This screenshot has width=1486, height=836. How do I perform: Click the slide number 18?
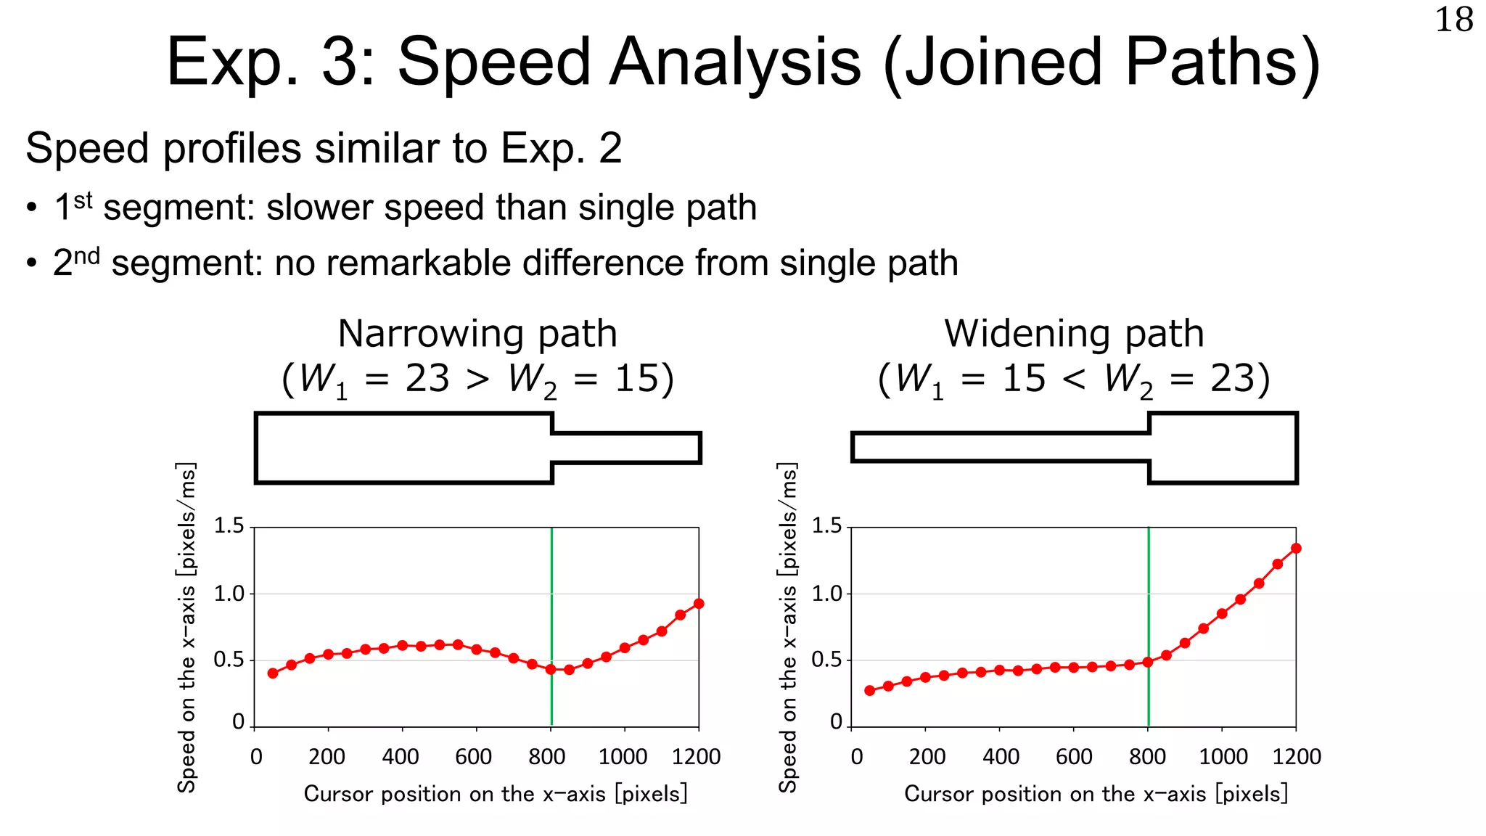(1454, 20)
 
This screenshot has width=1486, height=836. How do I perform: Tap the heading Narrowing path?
(477, 335)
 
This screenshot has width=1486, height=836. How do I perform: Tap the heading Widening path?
(1074, 335)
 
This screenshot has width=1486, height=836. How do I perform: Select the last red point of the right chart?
(1296, 549)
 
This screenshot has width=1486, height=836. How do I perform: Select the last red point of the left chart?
(699, 604)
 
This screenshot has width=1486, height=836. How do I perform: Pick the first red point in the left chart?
(273, 673)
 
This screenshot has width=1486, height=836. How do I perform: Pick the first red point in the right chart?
(870, 691)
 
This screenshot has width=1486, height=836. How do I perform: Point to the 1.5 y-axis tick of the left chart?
(229, 525)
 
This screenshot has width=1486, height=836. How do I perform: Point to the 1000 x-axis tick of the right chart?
(1223, 757)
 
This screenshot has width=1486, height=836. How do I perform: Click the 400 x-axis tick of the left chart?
(401, 757)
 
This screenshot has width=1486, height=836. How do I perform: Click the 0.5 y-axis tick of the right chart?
(826, 660)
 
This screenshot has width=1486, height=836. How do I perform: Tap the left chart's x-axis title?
(495, 794)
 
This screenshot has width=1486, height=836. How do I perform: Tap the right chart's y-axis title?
(788, 628)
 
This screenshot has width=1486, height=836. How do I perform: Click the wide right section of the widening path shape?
(1223, 448)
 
